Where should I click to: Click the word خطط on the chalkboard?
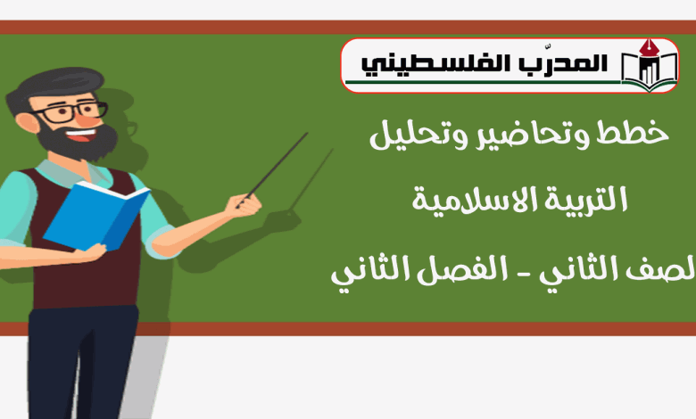click(x=632, y=133)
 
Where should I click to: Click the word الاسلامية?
click(x=475, y=200)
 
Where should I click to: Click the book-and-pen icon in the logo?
click(x=650, y=65)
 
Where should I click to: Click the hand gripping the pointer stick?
click(x=244, y=205)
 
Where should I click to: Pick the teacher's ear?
click(x=27, y=123)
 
